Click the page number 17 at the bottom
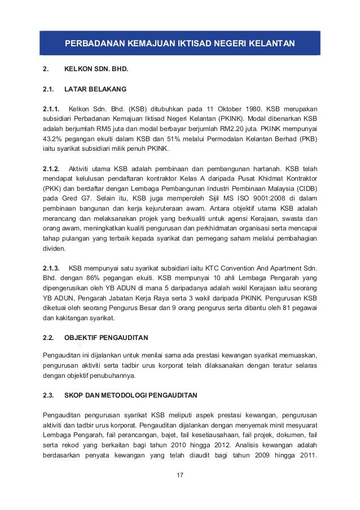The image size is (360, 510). [180, 474]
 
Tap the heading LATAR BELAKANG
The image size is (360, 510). [95, 89]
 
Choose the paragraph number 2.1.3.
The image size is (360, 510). [52, 268]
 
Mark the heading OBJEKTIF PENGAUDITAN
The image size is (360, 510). [107, 338]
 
